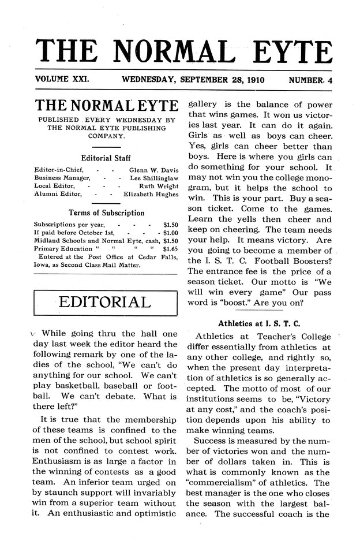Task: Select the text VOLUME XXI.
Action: (62, 79)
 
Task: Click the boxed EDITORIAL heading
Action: (106, 303)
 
